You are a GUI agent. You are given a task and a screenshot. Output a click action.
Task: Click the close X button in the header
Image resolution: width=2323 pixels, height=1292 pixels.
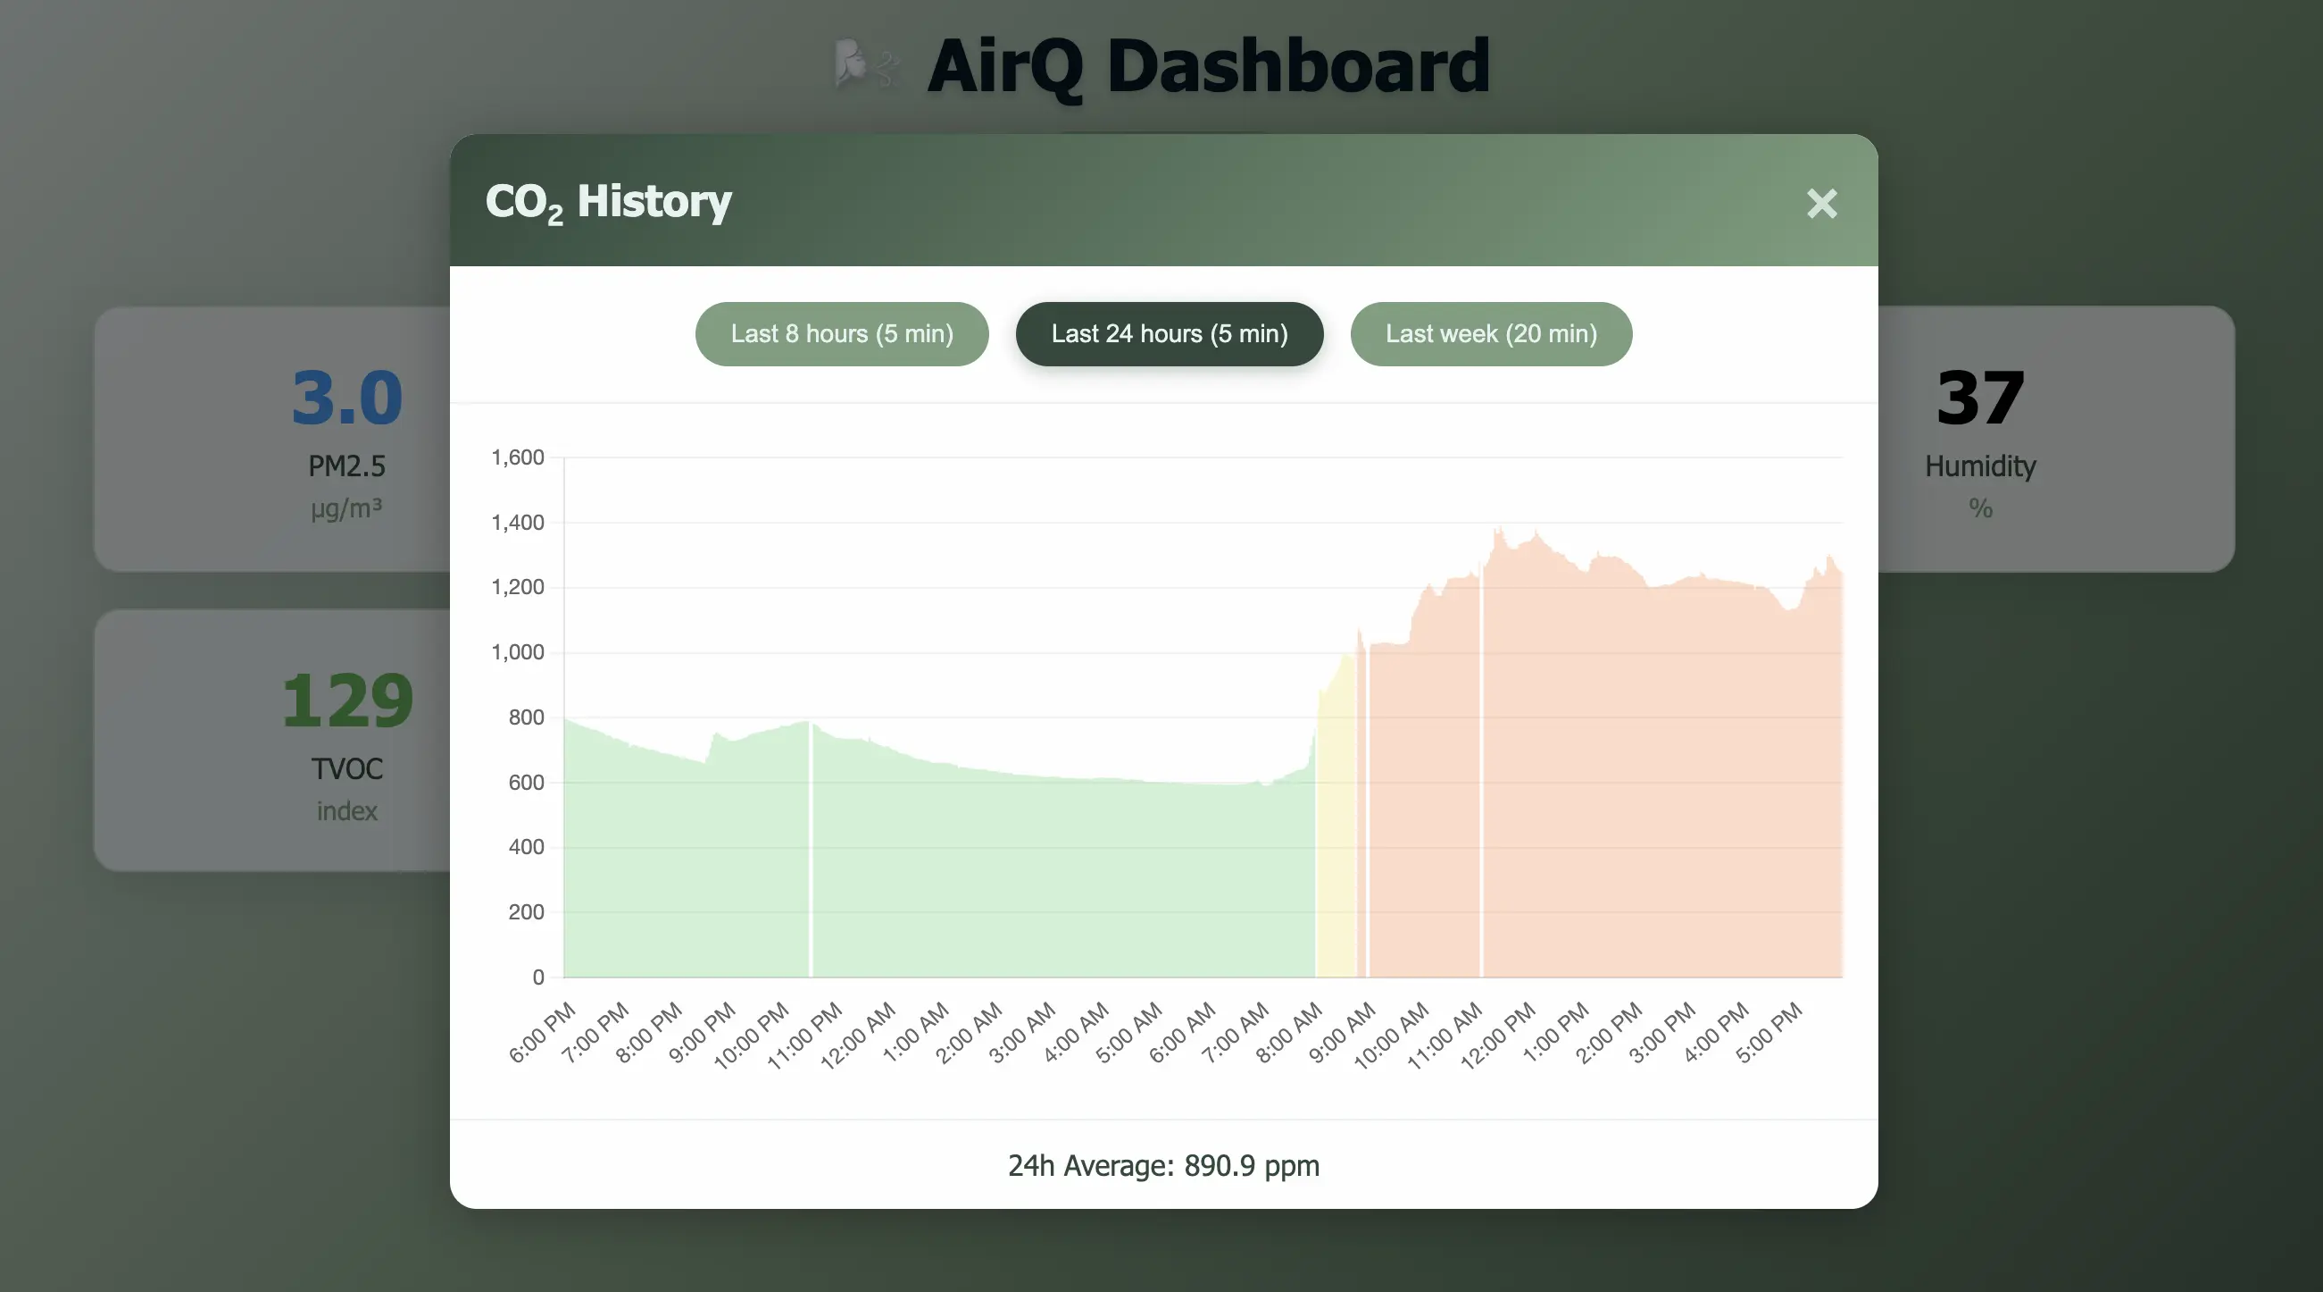tap(1821, 204)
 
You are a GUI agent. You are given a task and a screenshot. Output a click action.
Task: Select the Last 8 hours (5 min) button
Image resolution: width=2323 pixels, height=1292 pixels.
tap(841, 334)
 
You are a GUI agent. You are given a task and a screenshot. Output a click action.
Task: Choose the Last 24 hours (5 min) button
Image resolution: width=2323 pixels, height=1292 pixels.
tap(1169, 334)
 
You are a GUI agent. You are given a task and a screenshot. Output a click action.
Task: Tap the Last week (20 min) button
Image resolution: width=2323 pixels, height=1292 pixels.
tap(1491, 334)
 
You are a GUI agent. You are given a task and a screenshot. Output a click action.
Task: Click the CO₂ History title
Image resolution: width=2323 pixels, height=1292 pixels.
tap(609, 202)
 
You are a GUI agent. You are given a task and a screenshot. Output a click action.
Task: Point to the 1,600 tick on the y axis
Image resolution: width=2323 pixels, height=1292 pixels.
tap(518, 457)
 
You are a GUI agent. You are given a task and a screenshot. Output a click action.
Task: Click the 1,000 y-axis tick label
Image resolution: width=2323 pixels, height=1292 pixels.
tap(518, 652)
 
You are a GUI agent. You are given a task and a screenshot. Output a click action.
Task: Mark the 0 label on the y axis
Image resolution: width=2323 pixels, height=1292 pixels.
tap(538, 977)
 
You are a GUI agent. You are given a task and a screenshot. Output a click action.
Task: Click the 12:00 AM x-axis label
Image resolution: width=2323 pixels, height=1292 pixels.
tap(860, 1034)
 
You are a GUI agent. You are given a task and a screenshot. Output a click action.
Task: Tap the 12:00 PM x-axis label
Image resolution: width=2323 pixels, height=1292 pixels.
tap(1499, 1034)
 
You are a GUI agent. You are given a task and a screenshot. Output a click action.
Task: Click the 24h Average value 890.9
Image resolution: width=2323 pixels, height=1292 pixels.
tap(1220, 1166)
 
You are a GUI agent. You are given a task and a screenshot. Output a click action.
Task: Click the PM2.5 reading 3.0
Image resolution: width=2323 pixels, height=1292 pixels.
tap(347, 398)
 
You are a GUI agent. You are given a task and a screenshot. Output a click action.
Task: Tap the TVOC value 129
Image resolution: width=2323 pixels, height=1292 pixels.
tap(347, 701)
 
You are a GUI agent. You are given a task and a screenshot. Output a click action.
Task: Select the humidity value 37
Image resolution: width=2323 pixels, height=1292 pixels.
tap(1980, 398)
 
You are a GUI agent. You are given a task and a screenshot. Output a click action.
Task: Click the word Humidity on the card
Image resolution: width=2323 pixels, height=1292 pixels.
tap(1980, 466)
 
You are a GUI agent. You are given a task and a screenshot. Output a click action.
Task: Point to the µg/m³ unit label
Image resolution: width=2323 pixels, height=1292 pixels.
tap(347, 508)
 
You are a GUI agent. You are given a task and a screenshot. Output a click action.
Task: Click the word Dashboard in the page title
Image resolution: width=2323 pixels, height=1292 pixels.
tap(1298, 66)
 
